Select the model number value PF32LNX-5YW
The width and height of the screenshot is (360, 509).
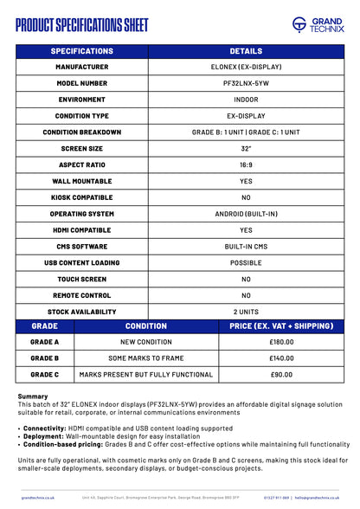click(246, 83)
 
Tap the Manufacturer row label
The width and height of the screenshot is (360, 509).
click(81, 67)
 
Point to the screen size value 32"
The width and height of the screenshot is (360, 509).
click(246, 148)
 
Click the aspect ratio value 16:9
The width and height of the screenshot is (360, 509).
click(246, 164)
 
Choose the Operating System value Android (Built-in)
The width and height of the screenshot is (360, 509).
click(246, 213)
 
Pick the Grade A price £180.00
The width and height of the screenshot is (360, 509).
click(281, 342)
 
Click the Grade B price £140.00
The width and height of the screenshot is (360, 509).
click(281, 358)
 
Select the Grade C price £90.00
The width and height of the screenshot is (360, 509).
click(281, 374)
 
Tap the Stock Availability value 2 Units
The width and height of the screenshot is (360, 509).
click(246, 311)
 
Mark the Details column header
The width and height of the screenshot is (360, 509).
click(246, 51)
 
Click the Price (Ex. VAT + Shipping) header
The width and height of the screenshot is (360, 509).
click(281, 326)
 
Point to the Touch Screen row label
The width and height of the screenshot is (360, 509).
click(81, 279)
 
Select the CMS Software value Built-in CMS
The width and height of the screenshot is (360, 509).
click(246, 246)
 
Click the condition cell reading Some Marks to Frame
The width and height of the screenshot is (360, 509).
click(145, 358)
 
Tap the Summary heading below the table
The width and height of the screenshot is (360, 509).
click(33, 396)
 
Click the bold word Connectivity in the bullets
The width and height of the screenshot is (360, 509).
click(44, 428)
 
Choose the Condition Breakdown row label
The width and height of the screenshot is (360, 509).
click(81, 132)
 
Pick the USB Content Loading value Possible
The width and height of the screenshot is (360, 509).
click(246, 262)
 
